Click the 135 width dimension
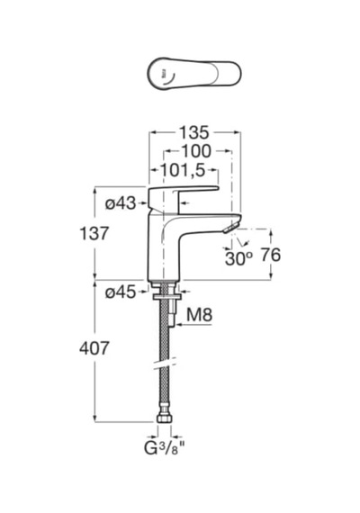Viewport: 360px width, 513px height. click(x=194, y=132)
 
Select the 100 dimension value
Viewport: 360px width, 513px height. click(x=196, y=151)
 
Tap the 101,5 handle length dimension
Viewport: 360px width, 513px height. click(x=183, y=170)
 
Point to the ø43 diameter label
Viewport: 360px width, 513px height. click(x=120, y=203)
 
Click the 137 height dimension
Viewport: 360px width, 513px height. click(x=94, y=234)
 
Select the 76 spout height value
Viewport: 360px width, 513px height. click(x=271, y=255)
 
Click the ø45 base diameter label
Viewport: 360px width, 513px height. click(x=120, y=292)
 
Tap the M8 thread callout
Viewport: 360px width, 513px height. click(x=199, y=315)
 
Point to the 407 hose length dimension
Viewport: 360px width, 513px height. click(x=94, y=348)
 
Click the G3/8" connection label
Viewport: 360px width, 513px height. click(x=162, y=448)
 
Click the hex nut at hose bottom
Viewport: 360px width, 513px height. click(x=166, y=419)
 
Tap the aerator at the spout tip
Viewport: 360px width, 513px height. click(x=230, y=228)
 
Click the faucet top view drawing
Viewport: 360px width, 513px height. click(x=194, y=74)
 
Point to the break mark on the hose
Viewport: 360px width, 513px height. click(x=166, y=364)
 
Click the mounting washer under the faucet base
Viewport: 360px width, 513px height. click(x=166, y=297)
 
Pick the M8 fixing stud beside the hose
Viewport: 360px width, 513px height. click(x=174, y=313)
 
